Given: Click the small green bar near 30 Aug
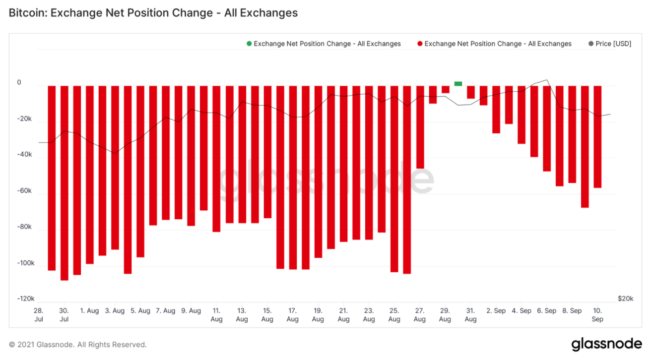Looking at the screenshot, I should pyautogui.click(x=458, y=83).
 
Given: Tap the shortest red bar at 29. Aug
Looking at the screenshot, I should pyautogui.click(x=446, y=89).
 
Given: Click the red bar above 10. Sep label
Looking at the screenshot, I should pyautogui.click(x=597, y=137).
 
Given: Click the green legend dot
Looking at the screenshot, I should pyautogui.click(x=249, y=44).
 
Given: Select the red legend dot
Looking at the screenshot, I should pyautogui.click(x=420, y=44).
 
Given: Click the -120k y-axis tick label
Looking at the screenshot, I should pyautogui.click(x=26, y=299).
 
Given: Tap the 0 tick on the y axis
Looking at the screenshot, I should pyautogui.click(x=19, y=82).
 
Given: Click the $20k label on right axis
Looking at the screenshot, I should pyautogui.click(x=625, y=299).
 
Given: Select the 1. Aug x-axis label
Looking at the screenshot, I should pyautogui.click(x=90, y=311).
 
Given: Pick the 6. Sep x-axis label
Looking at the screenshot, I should pyautogui.click(x=547, y=311).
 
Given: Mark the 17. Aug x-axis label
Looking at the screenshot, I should pyautogui.click(x=293, y=315).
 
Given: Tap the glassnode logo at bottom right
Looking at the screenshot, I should pyautogui.click(x=606, y=344).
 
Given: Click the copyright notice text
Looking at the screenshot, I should pyautogui.click(x=78, y=344).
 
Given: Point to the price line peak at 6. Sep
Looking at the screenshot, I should pyautogui.click(x=547, y=80).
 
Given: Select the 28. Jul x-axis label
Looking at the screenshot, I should pyautogui.click(x=39, y=315).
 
